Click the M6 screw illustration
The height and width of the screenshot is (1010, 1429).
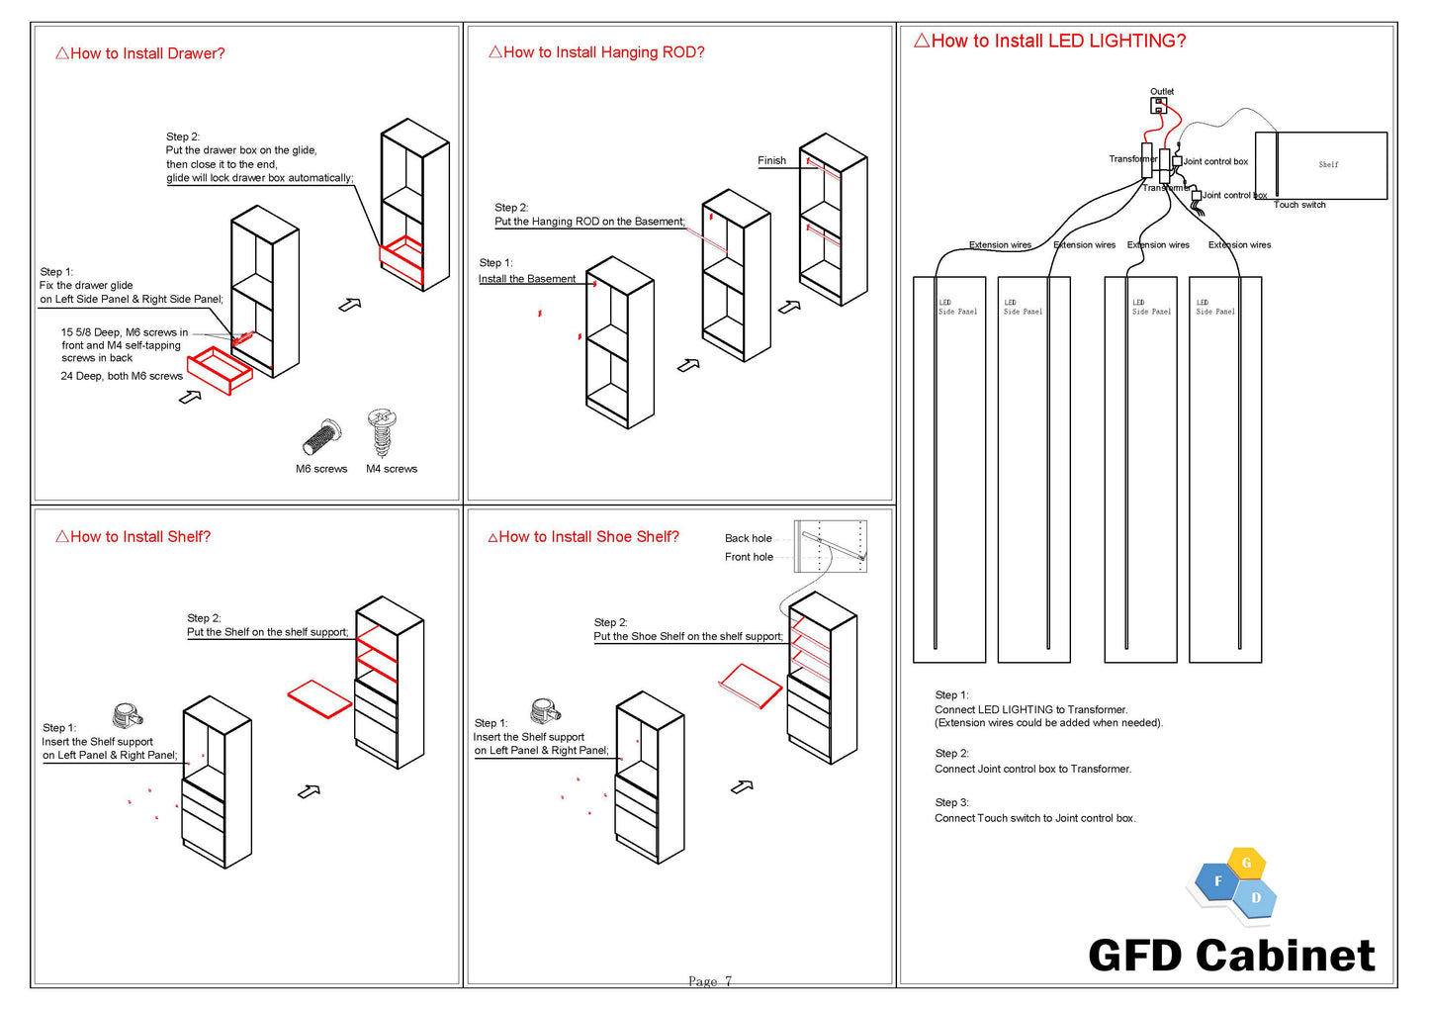coord(321,436)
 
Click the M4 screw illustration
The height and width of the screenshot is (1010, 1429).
coord(382,432)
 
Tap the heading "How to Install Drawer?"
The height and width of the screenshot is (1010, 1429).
coord(140,53)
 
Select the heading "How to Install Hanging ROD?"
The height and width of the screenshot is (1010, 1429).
coord(596,52)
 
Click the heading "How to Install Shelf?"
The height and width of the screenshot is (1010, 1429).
coord(134,536)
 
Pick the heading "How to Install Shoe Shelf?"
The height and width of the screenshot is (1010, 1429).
coord(583,536)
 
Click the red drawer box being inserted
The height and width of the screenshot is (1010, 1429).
coord(220,370)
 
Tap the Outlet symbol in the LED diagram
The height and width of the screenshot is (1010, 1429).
coord(1159,105)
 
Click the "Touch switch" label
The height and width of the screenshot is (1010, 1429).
coord(1299,205)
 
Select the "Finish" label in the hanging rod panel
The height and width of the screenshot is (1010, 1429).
coord(771,160)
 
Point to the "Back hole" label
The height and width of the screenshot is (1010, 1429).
coord(748,538)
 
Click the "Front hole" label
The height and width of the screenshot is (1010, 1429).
coord(749,557)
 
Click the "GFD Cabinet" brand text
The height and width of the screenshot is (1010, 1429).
coord(1231,956)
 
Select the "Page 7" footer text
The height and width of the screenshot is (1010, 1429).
coord(710,981)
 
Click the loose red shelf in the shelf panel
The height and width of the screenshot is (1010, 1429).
coord(319,697)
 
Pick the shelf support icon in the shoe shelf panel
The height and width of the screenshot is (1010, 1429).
coord(546,710)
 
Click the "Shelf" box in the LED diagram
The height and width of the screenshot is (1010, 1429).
coord(1329,165)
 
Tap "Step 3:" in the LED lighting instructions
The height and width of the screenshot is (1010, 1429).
coord(951,802)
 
